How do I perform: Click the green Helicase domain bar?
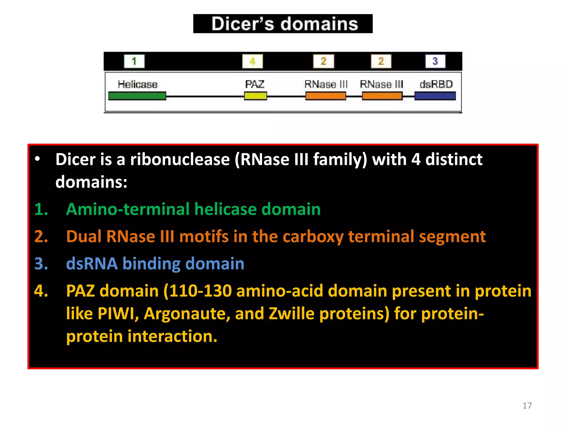(137, 96)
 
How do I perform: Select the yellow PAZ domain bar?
(255, 96)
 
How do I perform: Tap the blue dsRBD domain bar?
(435, 96)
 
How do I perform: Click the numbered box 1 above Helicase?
(134, 61)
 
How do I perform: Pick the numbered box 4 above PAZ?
(252, 61)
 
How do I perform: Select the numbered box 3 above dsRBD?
(435, 61)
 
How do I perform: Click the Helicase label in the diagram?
(137, 84)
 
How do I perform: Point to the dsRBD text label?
(436, 84)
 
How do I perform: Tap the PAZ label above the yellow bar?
(255, 84)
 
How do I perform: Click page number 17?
(527, 406)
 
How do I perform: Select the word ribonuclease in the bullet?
(180, 159)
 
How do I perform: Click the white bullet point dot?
(37, 159)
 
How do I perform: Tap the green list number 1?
(41, 209)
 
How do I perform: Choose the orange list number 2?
(41, 237)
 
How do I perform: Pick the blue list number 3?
(41, 264)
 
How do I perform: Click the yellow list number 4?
(41, 291)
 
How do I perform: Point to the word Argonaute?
(187, 314)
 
